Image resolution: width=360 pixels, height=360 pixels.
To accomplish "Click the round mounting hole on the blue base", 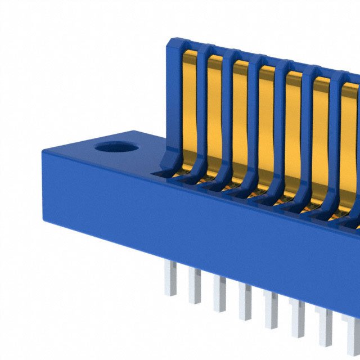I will (x=116, y=147).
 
